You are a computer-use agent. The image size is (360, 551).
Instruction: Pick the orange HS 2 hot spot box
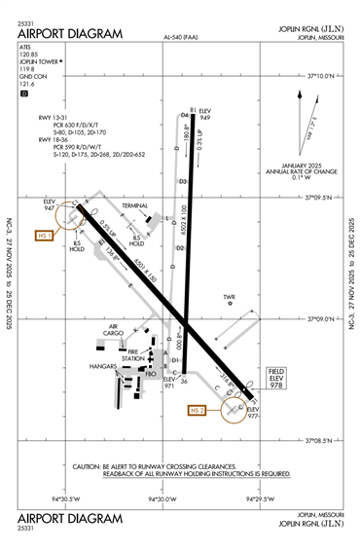[198, 411]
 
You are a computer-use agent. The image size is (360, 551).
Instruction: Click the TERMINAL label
[135, 206]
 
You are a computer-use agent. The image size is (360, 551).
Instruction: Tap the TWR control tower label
[231, 296]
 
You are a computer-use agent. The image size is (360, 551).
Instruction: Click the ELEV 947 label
[50, 203]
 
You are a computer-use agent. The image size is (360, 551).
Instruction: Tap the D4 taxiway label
[183, 115]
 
